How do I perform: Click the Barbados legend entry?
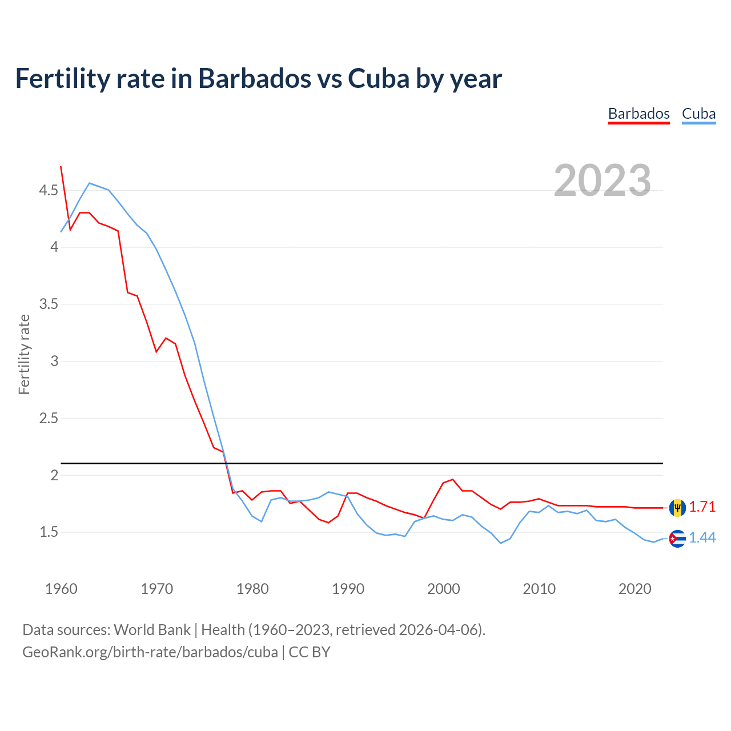[638, 114]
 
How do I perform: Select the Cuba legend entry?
[698, 114]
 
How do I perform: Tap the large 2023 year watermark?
[603, 180]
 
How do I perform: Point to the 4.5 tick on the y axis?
[49, 190]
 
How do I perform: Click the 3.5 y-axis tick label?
[49, 304]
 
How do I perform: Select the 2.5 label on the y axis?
[49, 418]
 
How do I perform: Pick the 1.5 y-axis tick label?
[49, 532]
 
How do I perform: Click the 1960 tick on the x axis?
[61, 589]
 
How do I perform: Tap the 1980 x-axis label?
[252, 589]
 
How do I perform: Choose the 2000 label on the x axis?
[443, 589]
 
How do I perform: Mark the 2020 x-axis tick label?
[634, 589]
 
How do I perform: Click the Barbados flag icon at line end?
[677, 507]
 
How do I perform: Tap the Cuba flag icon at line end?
[677, 539]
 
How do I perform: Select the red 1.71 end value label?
[702, 507]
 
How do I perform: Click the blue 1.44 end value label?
[702, 538]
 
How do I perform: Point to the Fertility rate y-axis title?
[24, 354]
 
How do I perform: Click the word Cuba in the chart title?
[379, 78]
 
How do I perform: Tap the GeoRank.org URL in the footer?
[150, 652]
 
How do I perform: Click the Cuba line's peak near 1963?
[90, 183]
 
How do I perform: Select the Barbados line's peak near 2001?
[452, 479]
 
